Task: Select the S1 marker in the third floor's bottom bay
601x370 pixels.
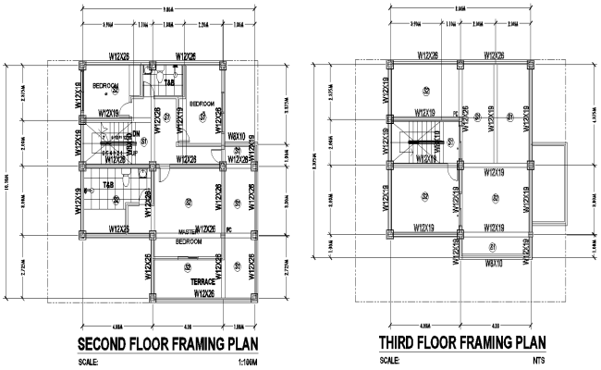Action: click(493, 246)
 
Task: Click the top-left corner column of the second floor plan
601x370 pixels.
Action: click(81, 67)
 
